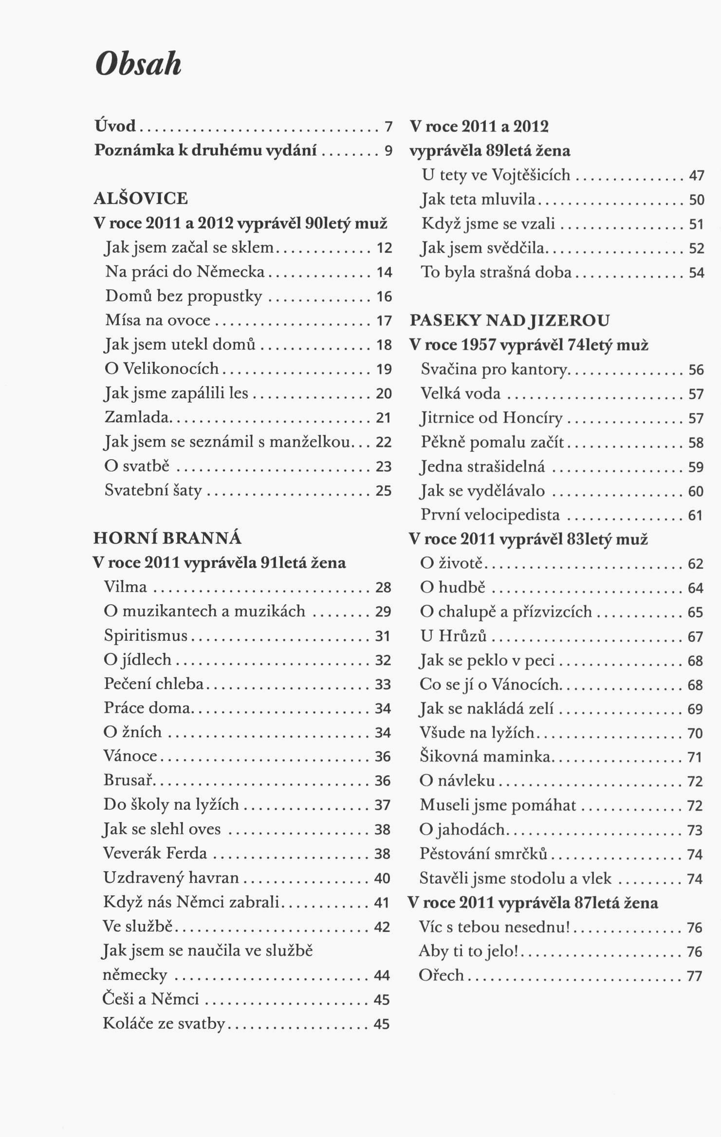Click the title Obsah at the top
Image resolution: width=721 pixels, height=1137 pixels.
coord(138,63)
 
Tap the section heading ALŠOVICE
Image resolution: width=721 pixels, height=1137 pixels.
coord(141,199)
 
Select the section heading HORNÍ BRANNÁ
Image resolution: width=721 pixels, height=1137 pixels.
coord(167,538)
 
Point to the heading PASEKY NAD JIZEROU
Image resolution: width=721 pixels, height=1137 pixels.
coord(510,320)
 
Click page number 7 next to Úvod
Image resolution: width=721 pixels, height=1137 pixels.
coord(388,127)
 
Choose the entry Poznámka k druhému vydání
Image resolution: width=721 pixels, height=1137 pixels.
coord(205,150)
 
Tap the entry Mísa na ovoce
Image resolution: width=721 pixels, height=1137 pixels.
coord(158,320)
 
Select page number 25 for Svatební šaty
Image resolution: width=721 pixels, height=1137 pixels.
coord(384,491)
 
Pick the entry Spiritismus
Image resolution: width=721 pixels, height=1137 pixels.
coord(146,635)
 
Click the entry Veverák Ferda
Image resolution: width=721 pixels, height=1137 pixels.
coord(155,854)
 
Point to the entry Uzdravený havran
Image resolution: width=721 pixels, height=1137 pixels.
coord(171,878)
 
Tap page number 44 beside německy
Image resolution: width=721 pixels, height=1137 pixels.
coord(382,975)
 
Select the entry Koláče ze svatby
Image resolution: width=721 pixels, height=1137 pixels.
coord(164,1024)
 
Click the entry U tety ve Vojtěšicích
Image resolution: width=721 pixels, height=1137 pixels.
coord(496,175)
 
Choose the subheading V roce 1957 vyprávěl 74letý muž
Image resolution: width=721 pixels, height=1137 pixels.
coord(529,345)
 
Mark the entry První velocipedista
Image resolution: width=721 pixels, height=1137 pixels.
coord(490,515)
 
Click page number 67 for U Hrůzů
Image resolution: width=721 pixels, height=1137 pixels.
coord(695,637)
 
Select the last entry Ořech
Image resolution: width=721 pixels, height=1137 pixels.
coord(442,975)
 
